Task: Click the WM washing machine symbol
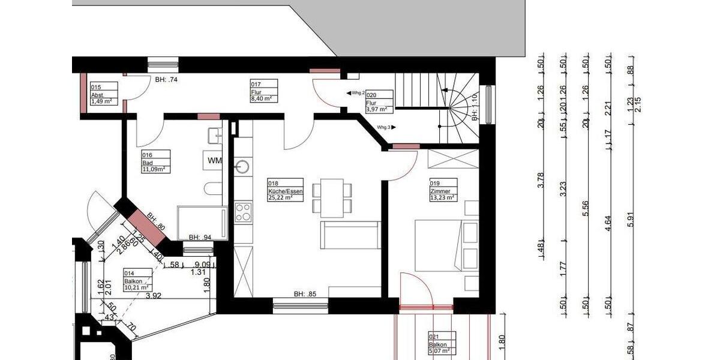pyautogui.click(x=214, y=161)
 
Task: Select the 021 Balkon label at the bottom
pyautogui.click(x=440, y=344)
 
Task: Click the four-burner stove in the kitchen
pyautogui.click(x=243, y=212)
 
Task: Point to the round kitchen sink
pyautogui.click(x=243, y=166)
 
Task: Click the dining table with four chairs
pyautogui.click(x=332, y=198)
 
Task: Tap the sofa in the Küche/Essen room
pyautogui.click(x=351, y=235)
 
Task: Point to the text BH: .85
pyautogui.click(x=304, y=294)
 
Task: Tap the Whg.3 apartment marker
pyautogui.click(x=383, y=127)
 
